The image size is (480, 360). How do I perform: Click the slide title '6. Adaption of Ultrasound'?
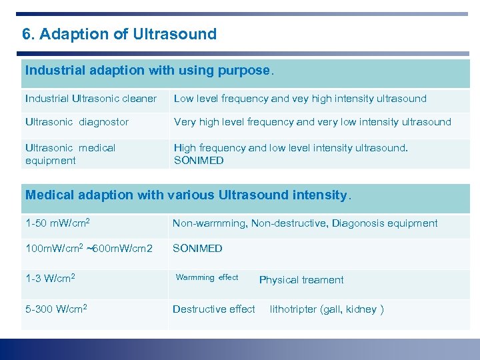[x=119, y=34]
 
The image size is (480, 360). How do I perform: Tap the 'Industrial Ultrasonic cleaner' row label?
[x=91, y=99]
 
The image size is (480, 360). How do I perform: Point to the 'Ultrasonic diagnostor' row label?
[x=77, y=122]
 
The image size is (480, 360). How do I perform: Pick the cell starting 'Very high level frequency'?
[x=312, y=122]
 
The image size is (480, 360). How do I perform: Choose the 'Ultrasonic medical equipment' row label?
[x=70, y=154]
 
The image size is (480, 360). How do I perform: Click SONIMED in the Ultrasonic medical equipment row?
[x=199, y=161]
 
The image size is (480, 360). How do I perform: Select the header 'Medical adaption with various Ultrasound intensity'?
[x=187, y=195]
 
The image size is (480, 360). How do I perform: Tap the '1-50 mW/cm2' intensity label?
[x=57, y=223]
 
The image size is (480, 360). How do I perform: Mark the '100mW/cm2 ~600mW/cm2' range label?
[x=89, y=248]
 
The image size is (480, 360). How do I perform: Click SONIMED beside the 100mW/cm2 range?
[x=197, y=248]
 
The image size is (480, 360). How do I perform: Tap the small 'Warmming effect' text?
[x=207, y=277]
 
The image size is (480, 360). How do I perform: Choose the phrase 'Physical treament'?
[x=301, y=280]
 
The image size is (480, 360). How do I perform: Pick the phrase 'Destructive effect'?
[x=213, y=309]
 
